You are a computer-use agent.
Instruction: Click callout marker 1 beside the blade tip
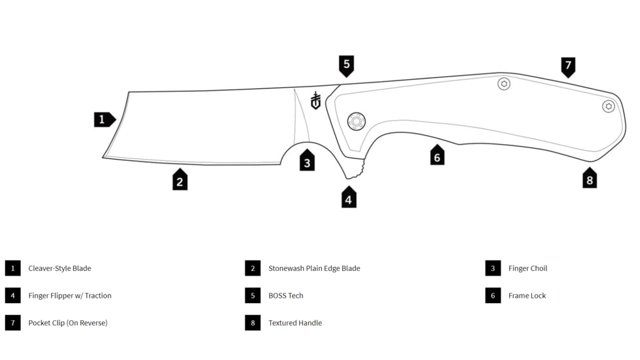click(103, 120)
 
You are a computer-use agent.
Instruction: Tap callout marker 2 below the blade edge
click(180, 180)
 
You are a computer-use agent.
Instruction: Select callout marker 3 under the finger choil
click(307, 161)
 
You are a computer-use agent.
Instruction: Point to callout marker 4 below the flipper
click(349, 198)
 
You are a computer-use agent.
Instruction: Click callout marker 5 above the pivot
click(346, 65)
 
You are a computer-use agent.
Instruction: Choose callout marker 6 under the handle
click(437, 156)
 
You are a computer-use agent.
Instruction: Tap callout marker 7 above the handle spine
click(568, 66)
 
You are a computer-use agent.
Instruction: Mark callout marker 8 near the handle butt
click(590, 179)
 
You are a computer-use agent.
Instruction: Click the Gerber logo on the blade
click(315, 100)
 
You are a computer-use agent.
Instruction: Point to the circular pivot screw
click(356, 121)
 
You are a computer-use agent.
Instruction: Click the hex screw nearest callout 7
click(504, 84)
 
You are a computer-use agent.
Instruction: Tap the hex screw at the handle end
click(609, 106)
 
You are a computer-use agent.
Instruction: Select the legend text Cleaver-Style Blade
click(60, 268)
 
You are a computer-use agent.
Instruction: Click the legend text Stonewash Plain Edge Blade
click(314, 268)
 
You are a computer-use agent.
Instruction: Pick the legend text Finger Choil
click(527, 268)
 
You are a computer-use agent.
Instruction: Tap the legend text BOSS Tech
click(286, 296)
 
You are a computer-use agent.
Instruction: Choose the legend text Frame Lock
click(527, 296)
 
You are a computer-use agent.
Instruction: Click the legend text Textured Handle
click(295, 323)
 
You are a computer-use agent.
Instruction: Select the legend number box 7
click(13, 323)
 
